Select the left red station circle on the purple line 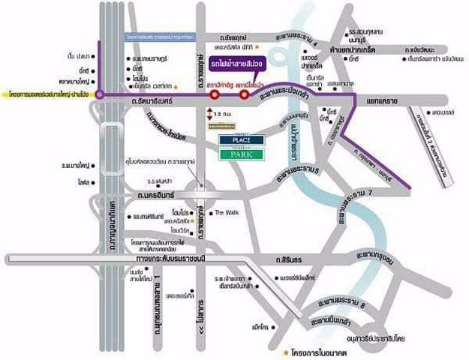tap(215, 95)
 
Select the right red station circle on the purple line tap(244, 95)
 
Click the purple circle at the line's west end tap(100, 95)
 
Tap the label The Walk tap(226, 212)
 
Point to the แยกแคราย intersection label tap(377, 97)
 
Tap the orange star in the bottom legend tap(286, 351)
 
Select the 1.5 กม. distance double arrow tap(207, 112)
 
